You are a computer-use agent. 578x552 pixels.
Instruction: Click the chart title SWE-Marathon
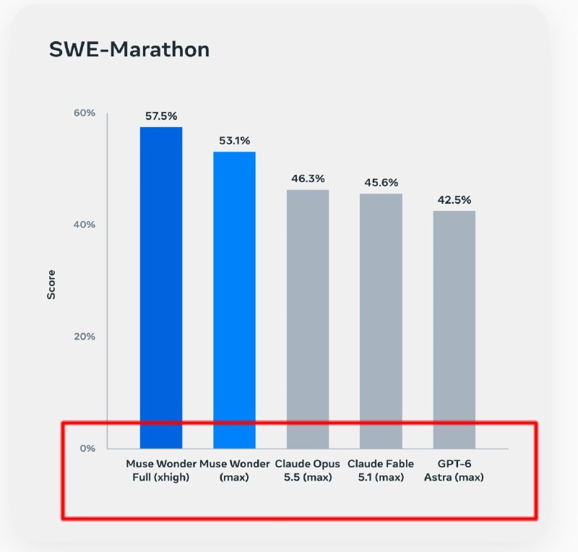[129, 49]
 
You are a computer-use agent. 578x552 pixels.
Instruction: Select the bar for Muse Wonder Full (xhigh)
[161, 288]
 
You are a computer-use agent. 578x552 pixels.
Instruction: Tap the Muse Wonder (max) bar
[234, 300]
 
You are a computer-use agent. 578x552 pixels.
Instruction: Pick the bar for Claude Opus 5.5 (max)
[308, 319]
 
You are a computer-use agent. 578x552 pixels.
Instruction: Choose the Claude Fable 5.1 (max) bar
[381, 322]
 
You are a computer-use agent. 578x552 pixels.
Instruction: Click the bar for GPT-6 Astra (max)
[454, 329]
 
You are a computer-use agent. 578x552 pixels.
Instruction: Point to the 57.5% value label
[161, 116]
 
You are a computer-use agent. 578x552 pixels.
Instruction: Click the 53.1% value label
[234, 140]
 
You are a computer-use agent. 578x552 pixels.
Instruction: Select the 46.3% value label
[308, 179]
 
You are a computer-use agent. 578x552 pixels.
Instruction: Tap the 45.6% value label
[381, 183]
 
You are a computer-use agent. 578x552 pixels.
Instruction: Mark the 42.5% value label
[454, 200]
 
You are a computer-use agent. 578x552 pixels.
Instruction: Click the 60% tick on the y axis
[85, 113]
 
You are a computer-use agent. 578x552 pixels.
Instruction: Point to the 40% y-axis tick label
[85, 225]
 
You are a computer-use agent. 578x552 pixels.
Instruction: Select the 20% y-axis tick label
[85, 336]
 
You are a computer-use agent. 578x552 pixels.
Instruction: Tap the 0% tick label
[87, 449]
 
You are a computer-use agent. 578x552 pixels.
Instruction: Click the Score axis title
[51, 285]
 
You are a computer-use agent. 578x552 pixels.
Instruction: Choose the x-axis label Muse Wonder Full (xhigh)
[161, 470]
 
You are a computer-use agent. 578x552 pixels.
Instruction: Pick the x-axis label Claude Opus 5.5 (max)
[308, 470]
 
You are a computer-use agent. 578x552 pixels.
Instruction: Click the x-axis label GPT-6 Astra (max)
[454, 470]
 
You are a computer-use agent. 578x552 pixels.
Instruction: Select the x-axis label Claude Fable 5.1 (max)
[381, 470]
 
